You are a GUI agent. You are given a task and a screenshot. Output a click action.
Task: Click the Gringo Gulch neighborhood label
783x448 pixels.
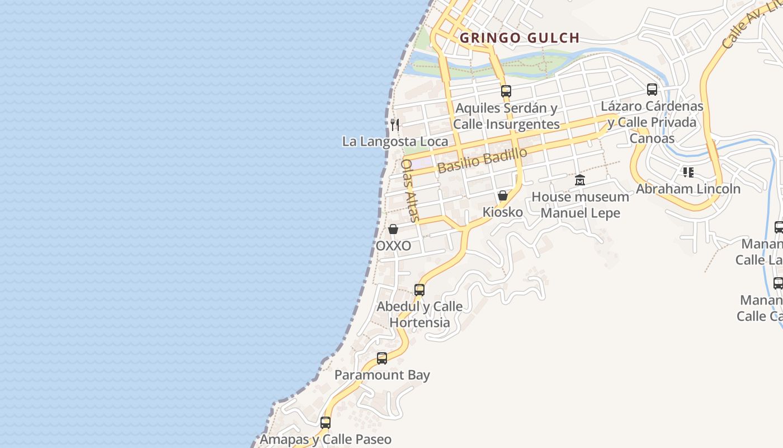519,38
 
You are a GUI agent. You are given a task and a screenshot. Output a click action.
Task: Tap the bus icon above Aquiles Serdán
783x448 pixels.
506,91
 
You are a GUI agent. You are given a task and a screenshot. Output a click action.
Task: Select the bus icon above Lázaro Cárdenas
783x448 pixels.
652,89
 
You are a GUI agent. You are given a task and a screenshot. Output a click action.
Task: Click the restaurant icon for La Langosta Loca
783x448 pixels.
395,124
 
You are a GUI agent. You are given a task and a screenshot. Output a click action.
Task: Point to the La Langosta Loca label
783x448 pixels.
395,142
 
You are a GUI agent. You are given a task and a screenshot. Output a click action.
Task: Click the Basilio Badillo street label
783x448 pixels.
482,161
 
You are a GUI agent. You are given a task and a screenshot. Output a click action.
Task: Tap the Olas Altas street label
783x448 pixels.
410,190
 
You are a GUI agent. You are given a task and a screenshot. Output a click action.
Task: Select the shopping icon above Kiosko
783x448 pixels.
503,195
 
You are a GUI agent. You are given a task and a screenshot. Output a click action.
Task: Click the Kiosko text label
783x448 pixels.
503,212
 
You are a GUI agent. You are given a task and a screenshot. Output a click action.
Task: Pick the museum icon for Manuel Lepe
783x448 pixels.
580,180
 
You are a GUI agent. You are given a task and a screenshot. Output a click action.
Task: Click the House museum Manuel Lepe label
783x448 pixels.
580,205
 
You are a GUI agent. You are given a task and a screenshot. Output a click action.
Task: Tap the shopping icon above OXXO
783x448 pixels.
393,229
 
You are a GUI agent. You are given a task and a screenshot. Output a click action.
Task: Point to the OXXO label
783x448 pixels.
393,246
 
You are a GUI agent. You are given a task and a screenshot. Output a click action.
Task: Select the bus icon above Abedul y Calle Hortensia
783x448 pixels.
419,290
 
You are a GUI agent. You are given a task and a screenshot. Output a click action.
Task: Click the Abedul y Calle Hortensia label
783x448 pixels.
419,314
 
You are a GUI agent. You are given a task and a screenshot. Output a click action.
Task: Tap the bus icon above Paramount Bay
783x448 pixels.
382,358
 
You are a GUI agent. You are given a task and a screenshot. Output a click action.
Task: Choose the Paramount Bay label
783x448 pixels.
382,375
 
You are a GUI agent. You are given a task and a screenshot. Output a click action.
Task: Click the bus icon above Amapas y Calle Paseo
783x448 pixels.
326,423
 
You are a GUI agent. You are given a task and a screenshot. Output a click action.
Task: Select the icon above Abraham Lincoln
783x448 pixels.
688,172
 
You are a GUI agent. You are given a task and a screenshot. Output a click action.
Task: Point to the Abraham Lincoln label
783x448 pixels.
688,189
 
